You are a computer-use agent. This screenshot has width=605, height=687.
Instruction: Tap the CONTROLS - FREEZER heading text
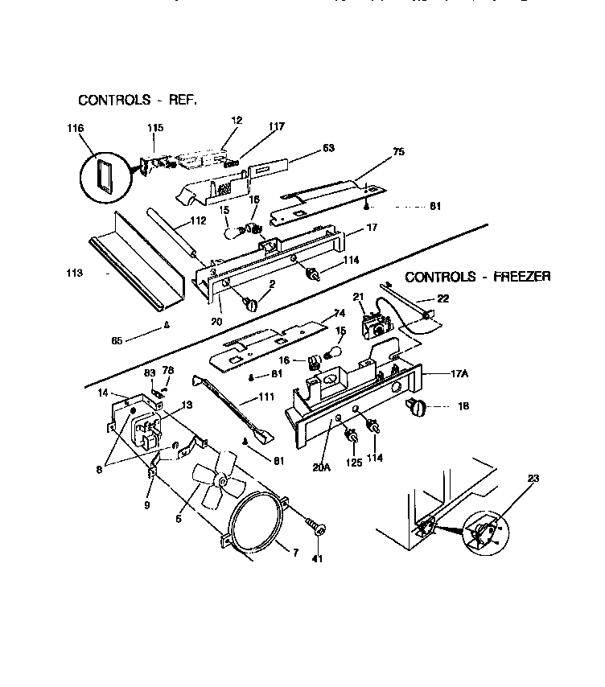[477, 277]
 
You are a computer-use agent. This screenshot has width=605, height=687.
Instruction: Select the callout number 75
[398, 150]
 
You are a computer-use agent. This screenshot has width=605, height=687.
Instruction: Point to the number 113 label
[75, 274]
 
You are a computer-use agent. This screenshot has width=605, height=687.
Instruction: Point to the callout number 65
[117, 341]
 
